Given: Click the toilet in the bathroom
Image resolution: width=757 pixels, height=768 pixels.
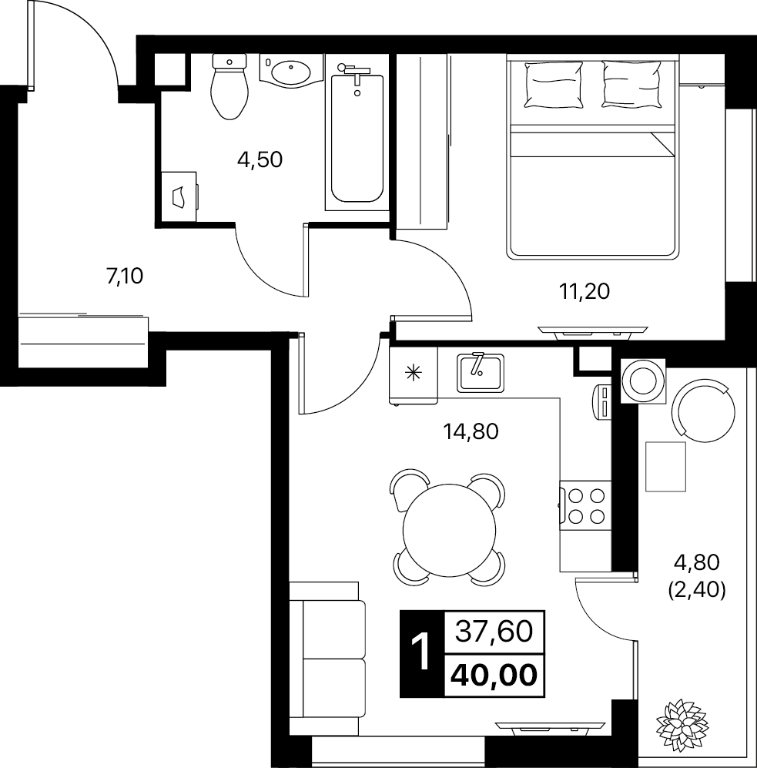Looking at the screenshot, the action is pyautogui.click(x=229, y=87).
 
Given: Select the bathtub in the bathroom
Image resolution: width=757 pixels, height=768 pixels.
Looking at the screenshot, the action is pyautogui.click(x=357, y=138).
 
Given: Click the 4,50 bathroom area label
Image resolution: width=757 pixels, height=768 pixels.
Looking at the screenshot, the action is pyautogui.click(x=260, y=160).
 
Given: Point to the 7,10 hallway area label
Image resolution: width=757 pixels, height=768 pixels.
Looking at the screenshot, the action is pyautogui.click(x=125, y=277).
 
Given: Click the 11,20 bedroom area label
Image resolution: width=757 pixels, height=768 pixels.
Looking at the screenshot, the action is pyautogui.click(x=584, y=292).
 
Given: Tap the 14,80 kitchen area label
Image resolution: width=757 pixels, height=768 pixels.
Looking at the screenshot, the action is pyautogui.click(x=471, y=431).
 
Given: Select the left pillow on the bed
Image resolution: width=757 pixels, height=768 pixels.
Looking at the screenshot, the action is pyautogui.click(x=554, y=84).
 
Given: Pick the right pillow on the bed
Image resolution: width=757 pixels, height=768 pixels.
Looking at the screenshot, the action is pyautogui.click(x=632, y=84).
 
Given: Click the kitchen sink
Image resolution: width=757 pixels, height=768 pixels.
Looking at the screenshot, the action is pyautogui.click(x=481, y=373).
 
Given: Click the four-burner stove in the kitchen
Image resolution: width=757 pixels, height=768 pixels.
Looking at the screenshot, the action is pyautogui.click(x=585, y=506).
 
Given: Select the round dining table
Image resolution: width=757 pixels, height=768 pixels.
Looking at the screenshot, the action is pyautogui.click(x=449, y=529).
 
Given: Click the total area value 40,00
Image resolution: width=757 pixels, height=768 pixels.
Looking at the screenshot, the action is pyautogui.click(x=494, y=676).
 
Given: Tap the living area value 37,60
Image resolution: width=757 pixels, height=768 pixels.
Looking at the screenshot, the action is pyautogui.click(x=494, y=632).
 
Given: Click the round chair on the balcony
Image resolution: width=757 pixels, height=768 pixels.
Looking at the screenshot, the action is pyautogui.click(x=704, y=410).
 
